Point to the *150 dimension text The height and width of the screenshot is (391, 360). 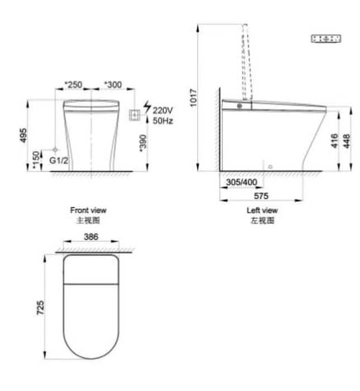36,160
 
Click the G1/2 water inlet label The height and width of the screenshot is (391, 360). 59,161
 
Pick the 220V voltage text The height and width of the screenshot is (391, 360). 162,111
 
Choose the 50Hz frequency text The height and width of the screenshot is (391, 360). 162,121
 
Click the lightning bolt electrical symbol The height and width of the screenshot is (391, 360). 147,107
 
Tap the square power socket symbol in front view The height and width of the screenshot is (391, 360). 135,115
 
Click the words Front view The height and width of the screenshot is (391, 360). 88,211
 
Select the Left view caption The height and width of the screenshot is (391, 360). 262,211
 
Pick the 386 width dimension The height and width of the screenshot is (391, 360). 91,236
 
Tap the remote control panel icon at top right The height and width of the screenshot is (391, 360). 327,39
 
